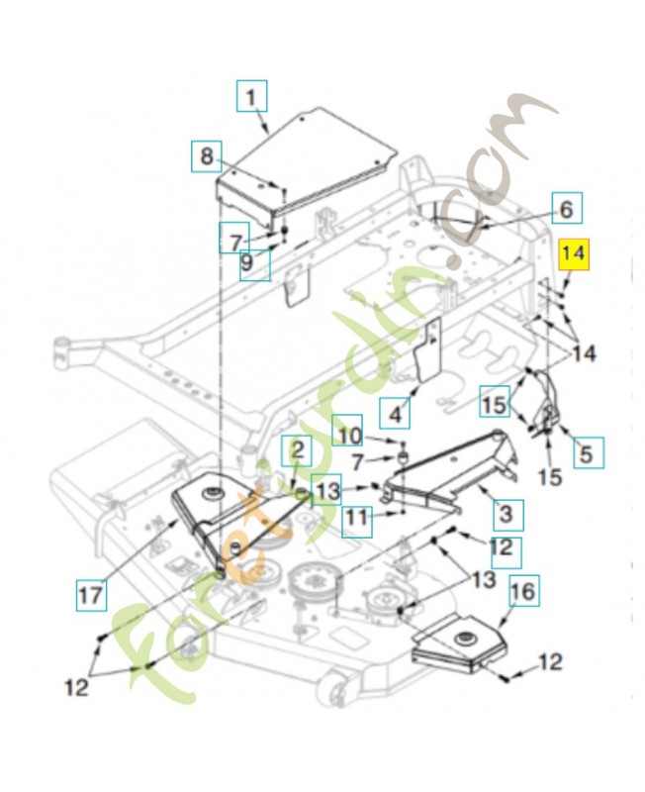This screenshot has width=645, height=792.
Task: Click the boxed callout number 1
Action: coord(251,98)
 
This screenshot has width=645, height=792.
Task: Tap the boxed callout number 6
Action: coord(566,209)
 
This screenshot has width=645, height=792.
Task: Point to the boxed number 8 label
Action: coord(207,156)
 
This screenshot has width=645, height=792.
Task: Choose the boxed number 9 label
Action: coord(255,264)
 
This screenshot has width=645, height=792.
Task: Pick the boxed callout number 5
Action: coord(585,453)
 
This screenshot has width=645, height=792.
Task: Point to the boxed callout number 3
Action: coord(506,514)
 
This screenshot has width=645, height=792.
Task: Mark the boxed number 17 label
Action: coord(91,596)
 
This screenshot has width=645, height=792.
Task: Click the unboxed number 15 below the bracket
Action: coord(550,477)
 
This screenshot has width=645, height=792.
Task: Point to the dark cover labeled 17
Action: coord(213,515)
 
